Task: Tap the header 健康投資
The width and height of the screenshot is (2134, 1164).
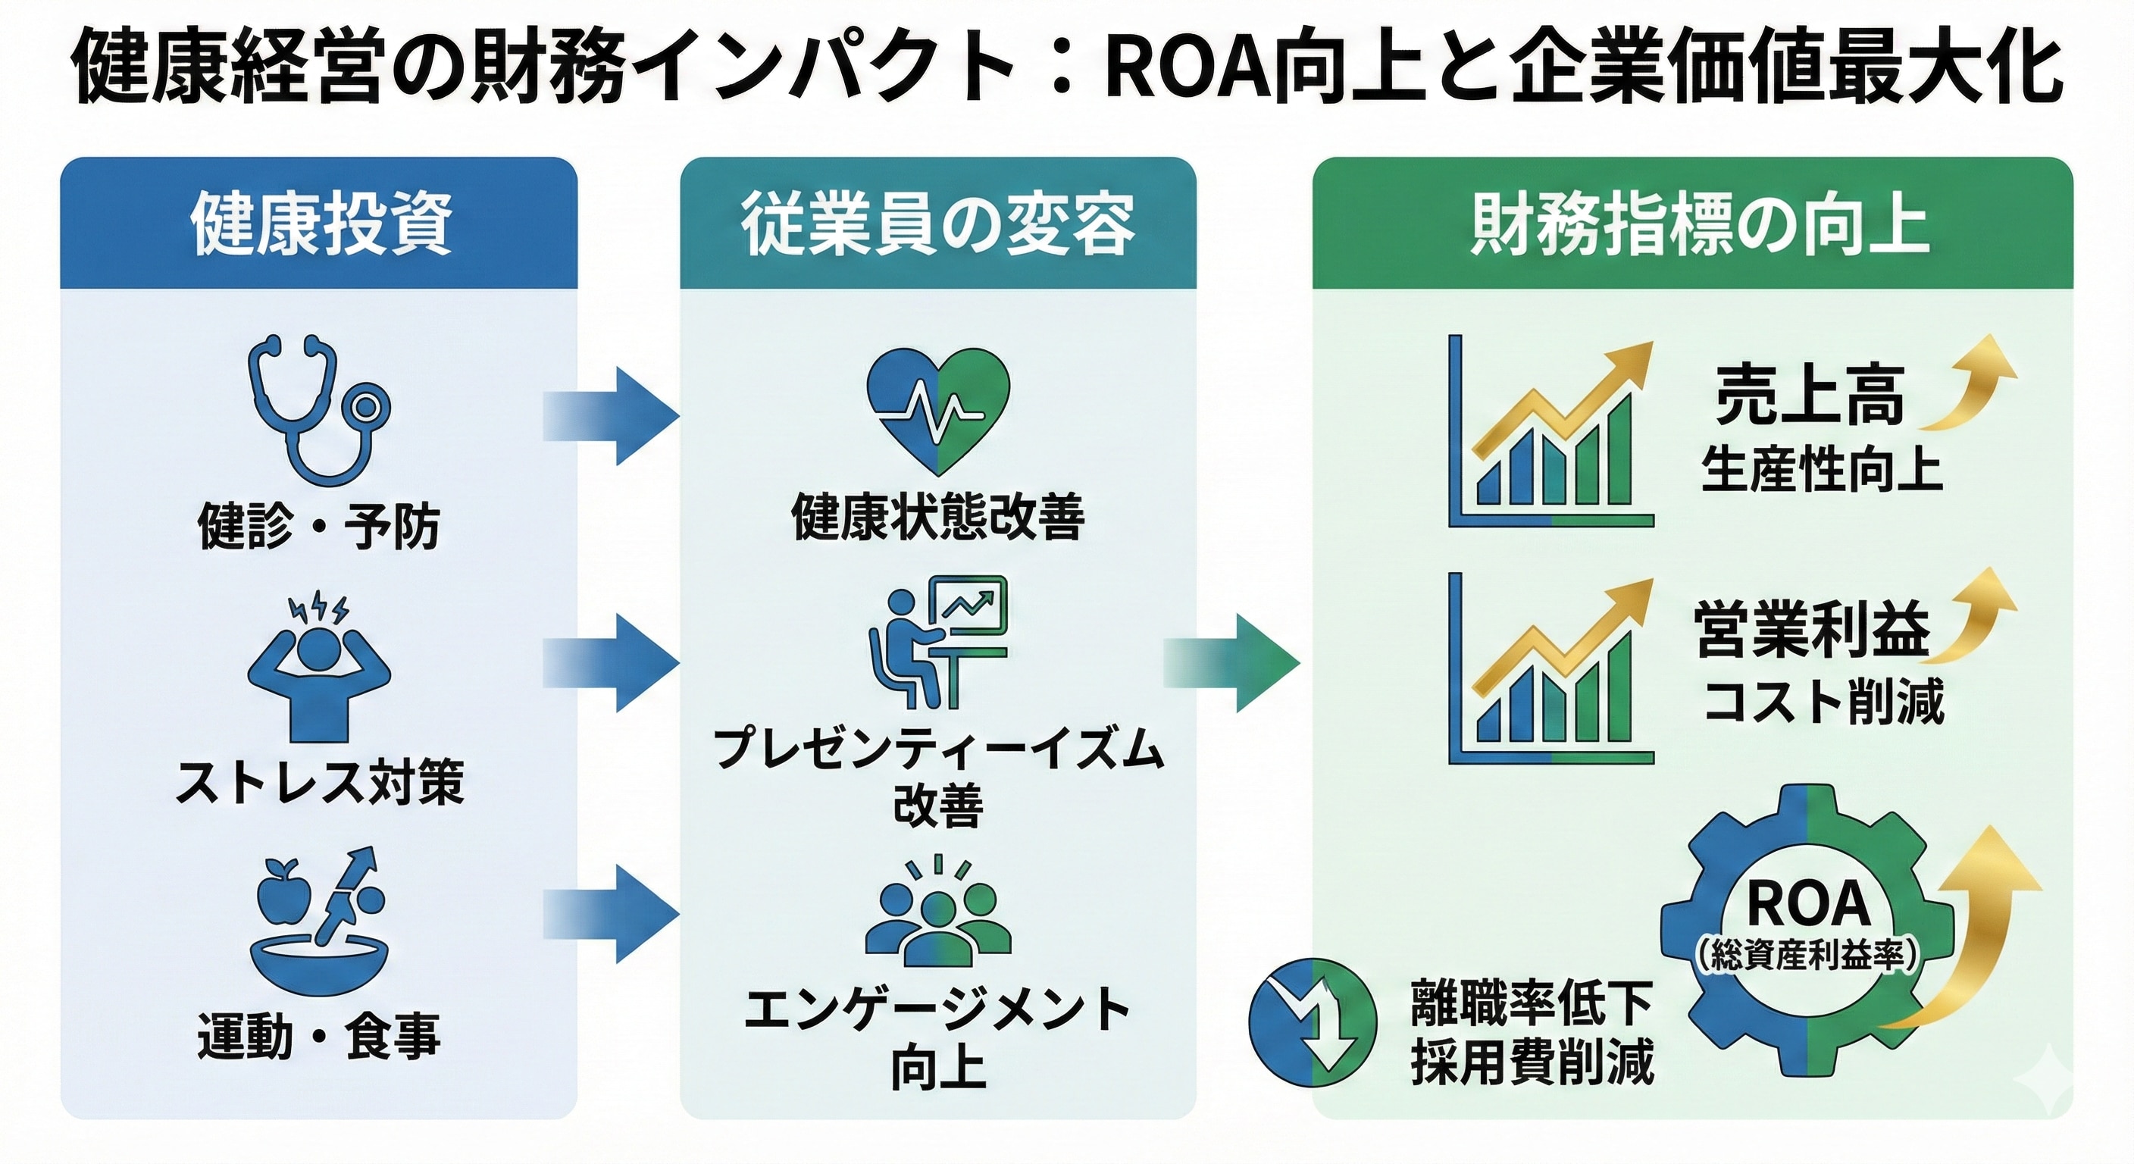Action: [x=319, y=224]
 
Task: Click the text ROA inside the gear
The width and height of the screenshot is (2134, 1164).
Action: [x=1807, y=905]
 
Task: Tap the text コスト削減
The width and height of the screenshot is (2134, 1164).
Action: [x=1823, y=701]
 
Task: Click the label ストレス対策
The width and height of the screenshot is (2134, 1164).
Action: [x=319, y=781]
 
